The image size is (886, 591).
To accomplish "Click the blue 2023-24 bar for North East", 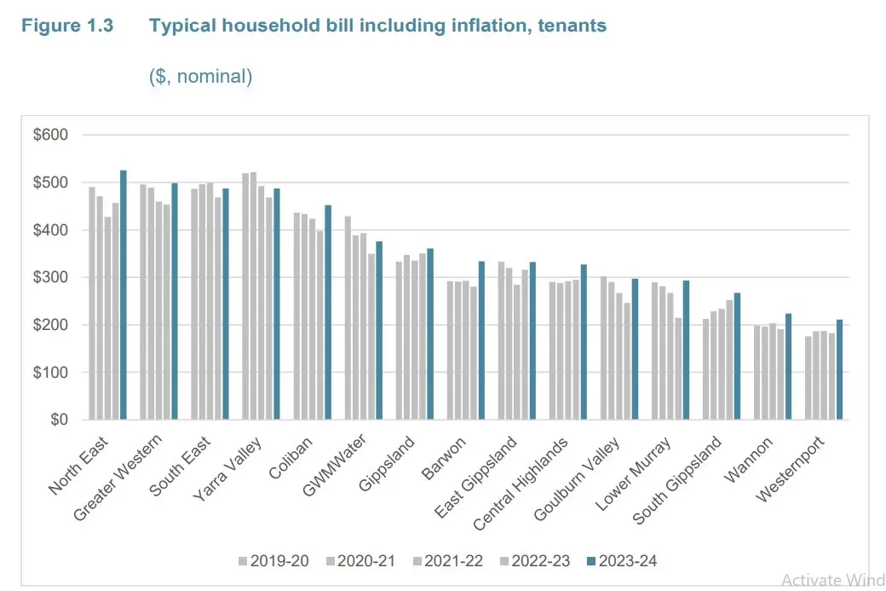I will pos(124,295).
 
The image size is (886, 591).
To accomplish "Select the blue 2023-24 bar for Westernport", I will pos(839,369).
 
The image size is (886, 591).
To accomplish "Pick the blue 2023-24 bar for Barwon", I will pos(481,352).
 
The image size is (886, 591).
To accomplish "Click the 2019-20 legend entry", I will pos(274,561).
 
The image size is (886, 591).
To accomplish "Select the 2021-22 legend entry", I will pos(448,561).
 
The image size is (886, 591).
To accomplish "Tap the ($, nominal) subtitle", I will pos(201,77).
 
